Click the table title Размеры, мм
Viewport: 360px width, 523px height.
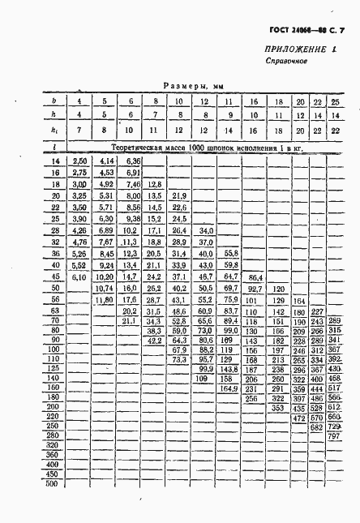coord(193,84)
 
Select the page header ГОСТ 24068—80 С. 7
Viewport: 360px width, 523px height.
coord(309,31)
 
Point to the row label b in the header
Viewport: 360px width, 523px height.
coord(53,101)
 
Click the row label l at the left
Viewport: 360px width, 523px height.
coord(53,148)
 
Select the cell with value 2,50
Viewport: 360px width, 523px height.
coord(79,163)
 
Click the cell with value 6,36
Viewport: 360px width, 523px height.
coord(130,163)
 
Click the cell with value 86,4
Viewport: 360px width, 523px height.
coord(255,276)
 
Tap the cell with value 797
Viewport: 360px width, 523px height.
coord(333,436)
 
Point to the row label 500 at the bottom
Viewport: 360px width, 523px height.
coord(54,484)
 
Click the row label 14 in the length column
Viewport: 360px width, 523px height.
coord(55,163)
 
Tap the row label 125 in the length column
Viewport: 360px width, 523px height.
coord(54,368)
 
